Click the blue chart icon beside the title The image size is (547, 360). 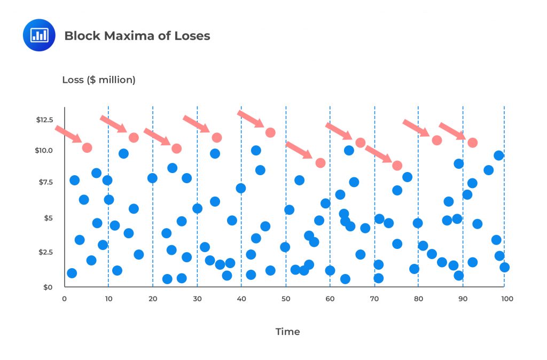[x=39, y=35]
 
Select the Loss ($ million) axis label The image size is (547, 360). [x=99, y=80]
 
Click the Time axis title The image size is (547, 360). [x=287, y=332]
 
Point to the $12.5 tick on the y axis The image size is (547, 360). [x=44, y=120]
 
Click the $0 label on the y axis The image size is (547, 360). [x=49, y=287]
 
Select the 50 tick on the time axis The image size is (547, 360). [x=286, y=299]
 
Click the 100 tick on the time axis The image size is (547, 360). [x=507, y=299]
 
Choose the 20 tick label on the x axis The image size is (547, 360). [x=153, y=299]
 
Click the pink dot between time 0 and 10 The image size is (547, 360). [x=87, y=147]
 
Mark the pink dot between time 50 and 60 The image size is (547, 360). [x=321, y=163]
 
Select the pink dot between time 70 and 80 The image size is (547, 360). [x=397, y=166]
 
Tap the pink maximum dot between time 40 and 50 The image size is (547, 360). [x=270, y=132]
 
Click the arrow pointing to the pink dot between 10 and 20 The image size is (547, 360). [x=113, y=124]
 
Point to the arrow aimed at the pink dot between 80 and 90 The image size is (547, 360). [x=416, y=128]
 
